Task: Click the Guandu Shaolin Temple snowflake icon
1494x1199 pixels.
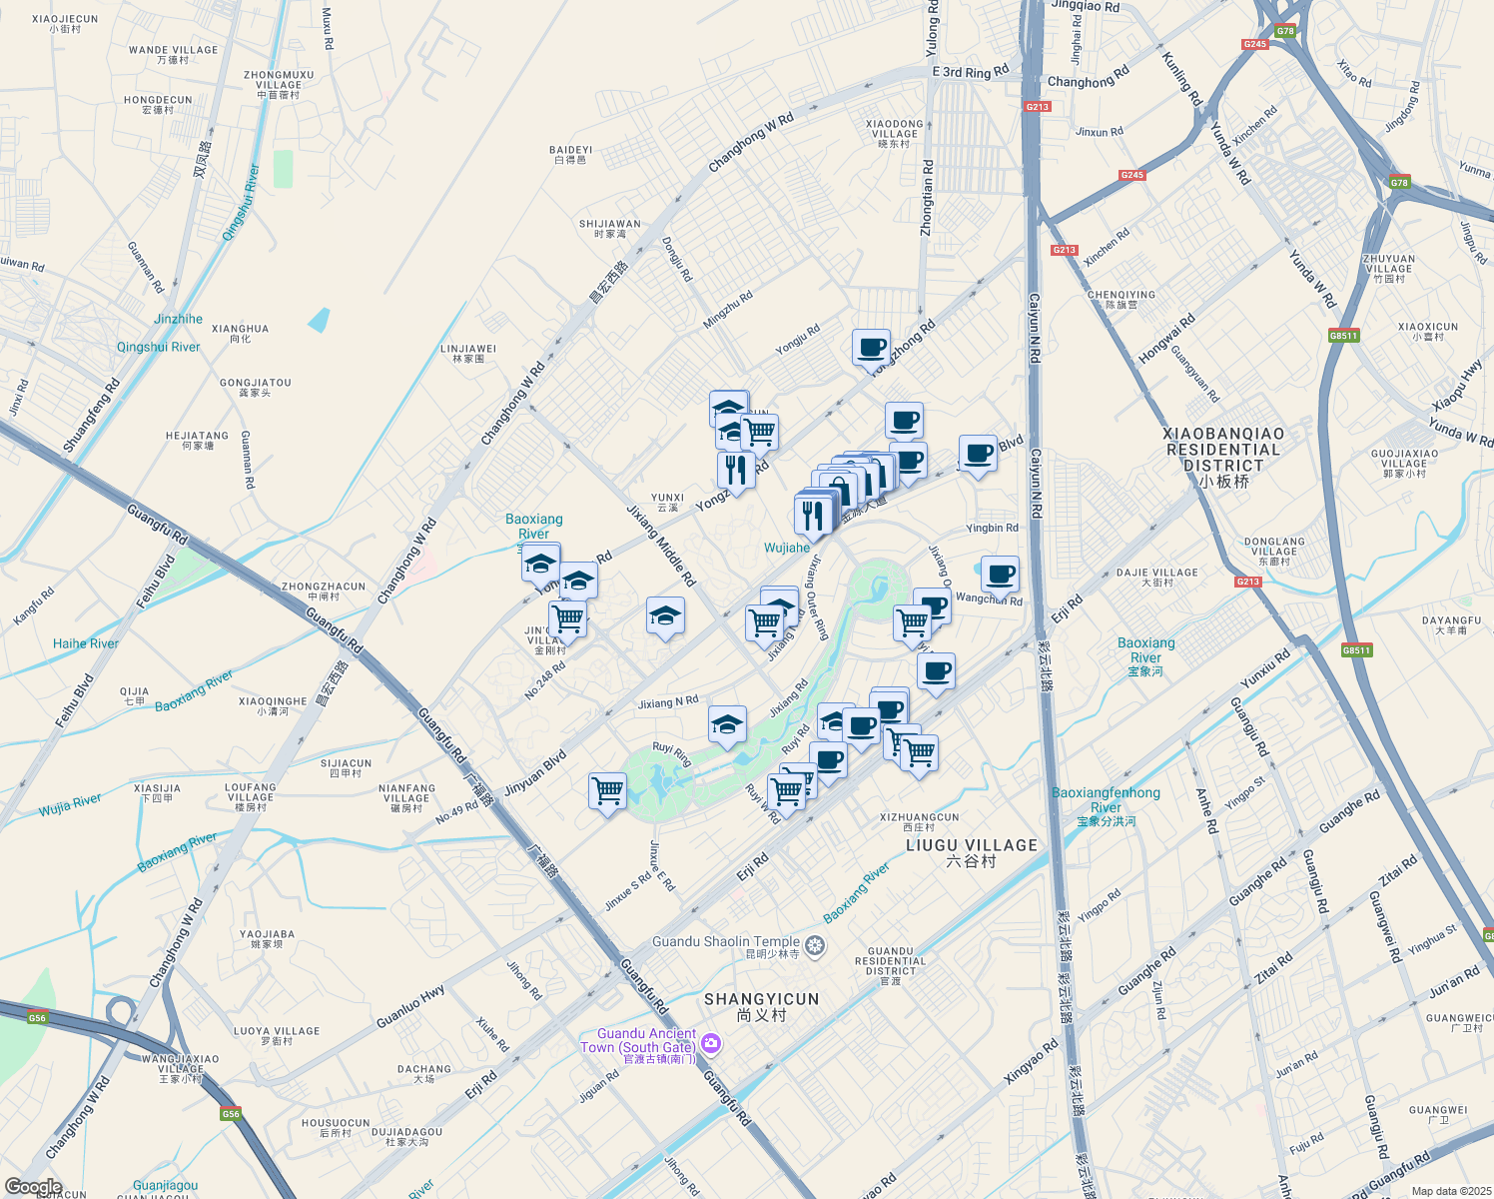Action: [x=815, y=945]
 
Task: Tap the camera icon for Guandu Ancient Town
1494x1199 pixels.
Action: [x=711, y=1044]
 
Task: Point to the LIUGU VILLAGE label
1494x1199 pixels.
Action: [x=971, y=851]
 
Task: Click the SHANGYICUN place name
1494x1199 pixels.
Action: [x=761, y=1005]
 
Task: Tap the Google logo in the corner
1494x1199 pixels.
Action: [x=33, y=1187]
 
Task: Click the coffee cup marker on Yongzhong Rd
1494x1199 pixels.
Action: [x=871, y=348]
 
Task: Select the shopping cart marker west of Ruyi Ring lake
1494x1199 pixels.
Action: [x=607, y=791]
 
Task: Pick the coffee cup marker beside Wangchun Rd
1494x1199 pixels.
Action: [x=999, y=575]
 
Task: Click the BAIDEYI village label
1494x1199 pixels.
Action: [x=570, y=155]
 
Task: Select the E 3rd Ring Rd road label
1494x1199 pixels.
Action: [x=970, y=72]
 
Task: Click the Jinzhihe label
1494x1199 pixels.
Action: [x=179, y=319]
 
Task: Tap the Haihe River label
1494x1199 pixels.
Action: [x=86, y=643]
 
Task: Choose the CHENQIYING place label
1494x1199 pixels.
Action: [x=1120, y=299]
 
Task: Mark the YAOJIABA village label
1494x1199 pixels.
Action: [x=267, y=938]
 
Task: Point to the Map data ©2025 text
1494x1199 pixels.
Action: [x=1450, y=1191]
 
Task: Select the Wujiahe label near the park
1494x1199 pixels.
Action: [x=787, y=548]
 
